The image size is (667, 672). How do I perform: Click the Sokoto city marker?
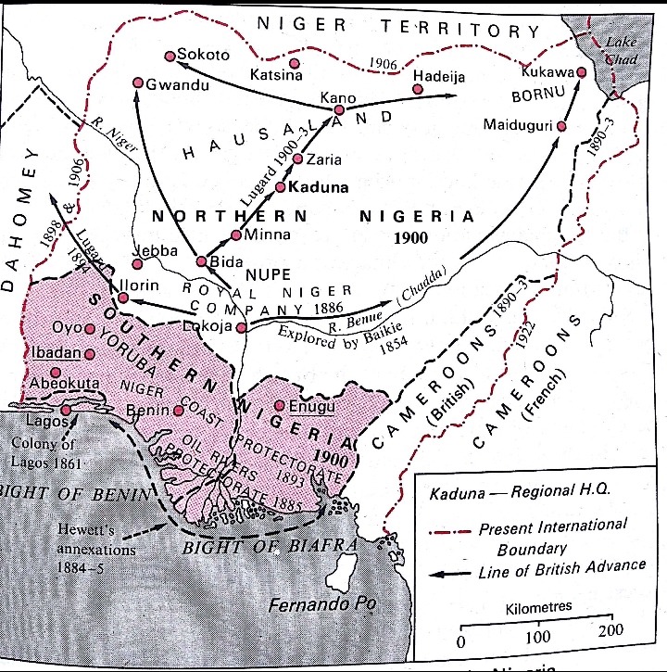pos(169,56)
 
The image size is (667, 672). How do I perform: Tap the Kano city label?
pos(338,97)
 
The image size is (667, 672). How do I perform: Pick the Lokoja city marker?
pos(241,327)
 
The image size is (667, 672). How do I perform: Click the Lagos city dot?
pos(66,410)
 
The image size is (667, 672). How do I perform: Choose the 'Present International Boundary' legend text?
pos(552,537)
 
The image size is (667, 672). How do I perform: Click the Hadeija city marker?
pos(419,89)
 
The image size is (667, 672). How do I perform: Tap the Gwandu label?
pos(179,84)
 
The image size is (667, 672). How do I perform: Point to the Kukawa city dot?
pos(582,72)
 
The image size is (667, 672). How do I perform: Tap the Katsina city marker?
pos(295,63)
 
